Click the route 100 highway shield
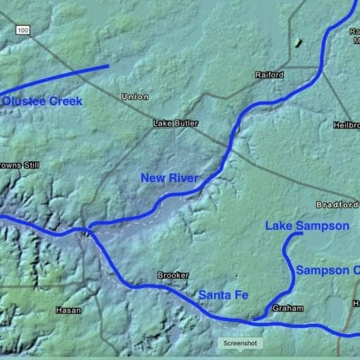(x=23, y=30)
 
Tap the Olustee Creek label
(x=42, y=102)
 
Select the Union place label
(x=135, y=97)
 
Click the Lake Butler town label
(x=173, y=124)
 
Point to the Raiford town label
(x=269, y=75)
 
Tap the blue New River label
(x=169, y=178)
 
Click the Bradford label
(x=337, y=205)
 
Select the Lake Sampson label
(x=307, y=226)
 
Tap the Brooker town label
(x=172, y=275)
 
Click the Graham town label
(x=287, y=308)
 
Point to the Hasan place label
(x=68, y=310)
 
